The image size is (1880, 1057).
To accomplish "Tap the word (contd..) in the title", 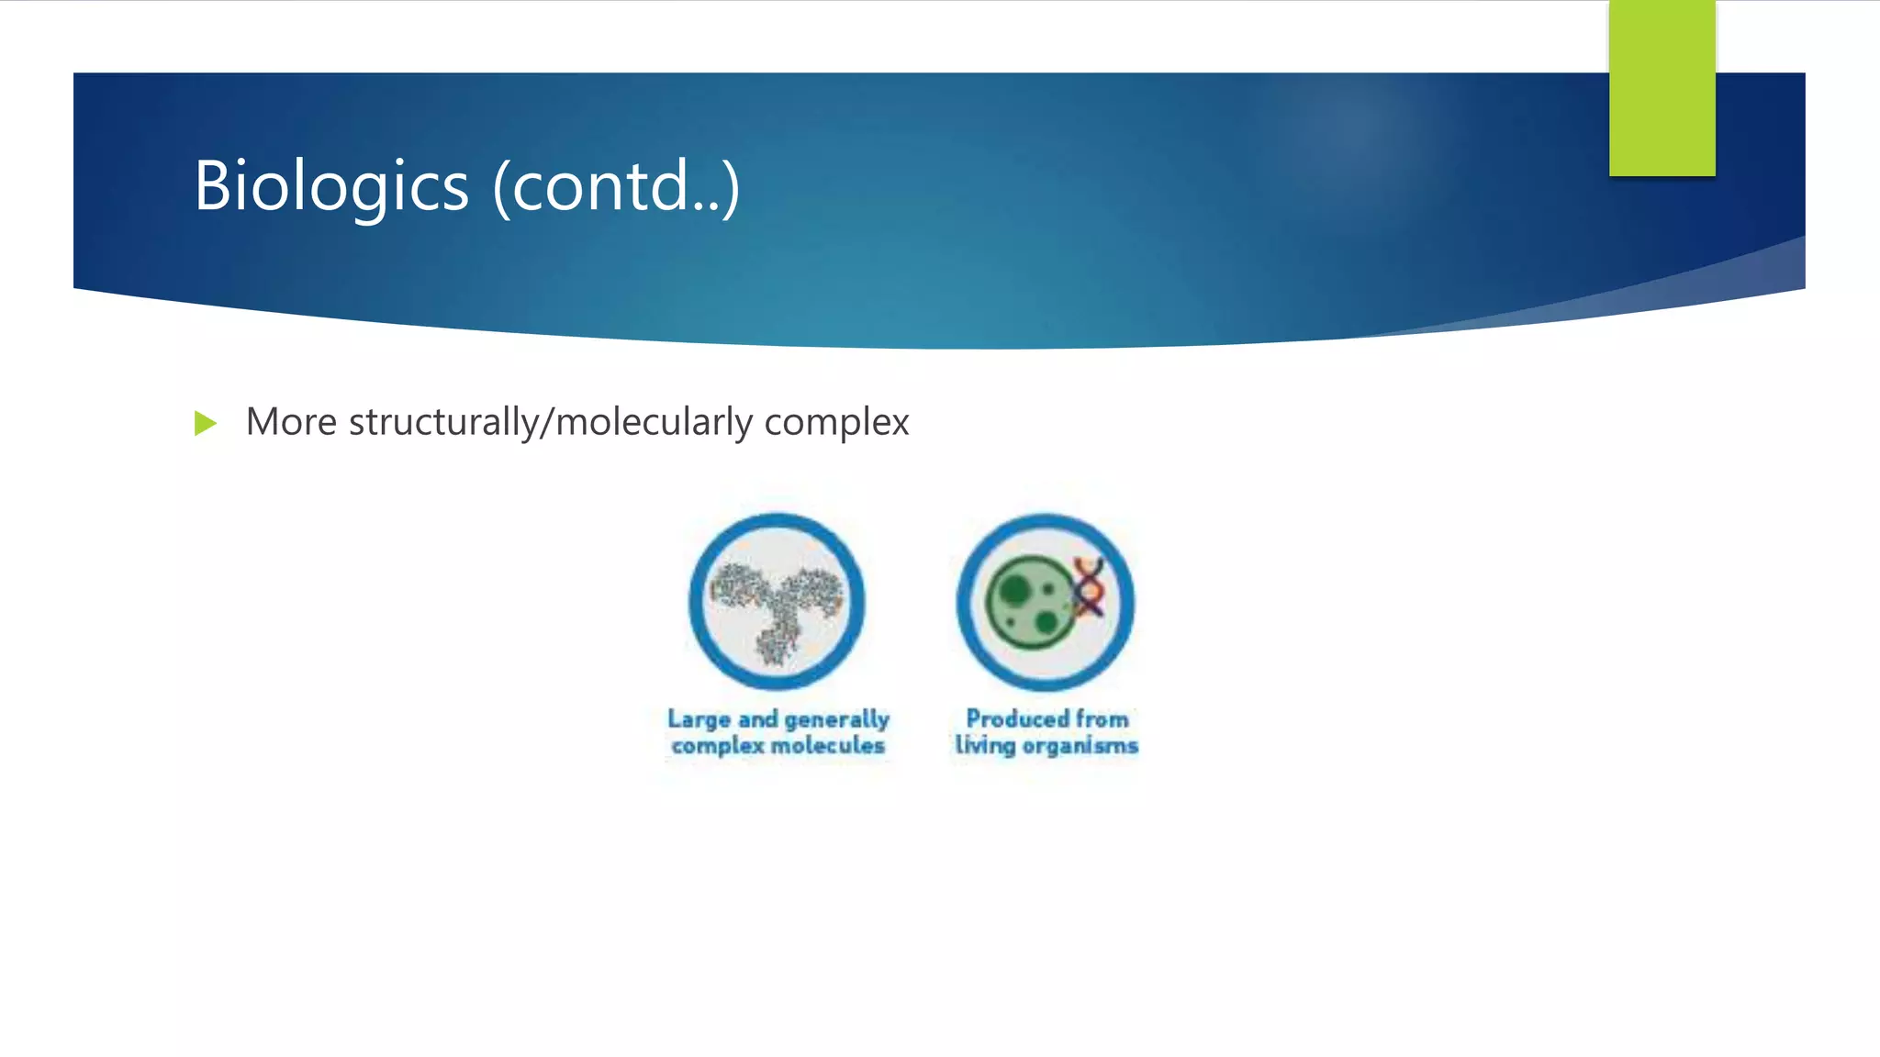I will [616, 186].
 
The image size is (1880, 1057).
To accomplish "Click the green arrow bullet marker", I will [206, 423].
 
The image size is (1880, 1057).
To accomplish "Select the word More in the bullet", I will [291, 422].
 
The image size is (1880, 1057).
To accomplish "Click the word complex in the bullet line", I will [836, 422].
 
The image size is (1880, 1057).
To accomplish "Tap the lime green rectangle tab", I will [1662, 87].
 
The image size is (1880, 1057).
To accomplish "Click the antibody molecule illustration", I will [777, 606].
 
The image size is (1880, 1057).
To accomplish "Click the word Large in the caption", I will [699, 719].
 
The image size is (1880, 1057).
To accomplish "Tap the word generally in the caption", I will [836, 719].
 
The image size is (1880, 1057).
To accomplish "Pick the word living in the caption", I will [984, 745].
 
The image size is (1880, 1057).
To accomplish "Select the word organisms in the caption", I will [1080, 745].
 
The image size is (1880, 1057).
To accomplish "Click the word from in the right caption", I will [1102, 718].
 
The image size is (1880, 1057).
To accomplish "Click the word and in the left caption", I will [757, 719].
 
